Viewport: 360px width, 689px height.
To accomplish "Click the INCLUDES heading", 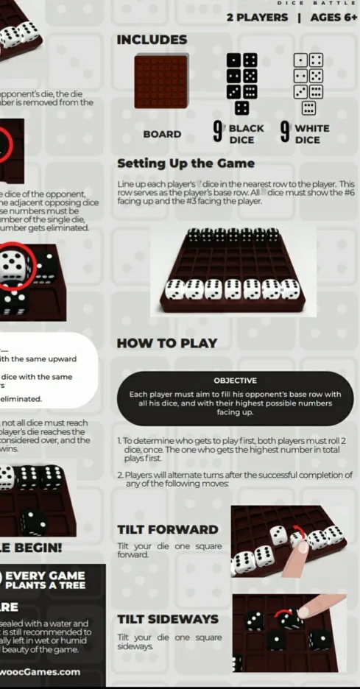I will [152, 40].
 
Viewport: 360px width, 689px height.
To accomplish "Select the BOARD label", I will [162, 135].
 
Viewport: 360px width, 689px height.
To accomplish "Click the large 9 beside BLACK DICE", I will [218, 132].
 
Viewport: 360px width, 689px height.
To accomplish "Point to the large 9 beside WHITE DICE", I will [284, 132].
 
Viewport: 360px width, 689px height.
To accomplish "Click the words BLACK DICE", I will [247, 134].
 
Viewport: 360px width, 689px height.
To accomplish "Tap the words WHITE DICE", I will [311, 134].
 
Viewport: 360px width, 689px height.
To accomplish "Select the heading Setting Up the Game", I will [186, 163].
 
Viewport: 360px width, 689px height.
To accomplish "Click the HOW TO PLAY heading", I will [167, 343].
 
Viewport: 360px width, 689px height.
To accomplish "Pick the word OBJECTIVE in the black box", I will [235, 381].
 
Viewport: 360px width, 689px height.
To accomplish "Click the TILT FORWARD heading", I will [168, 529].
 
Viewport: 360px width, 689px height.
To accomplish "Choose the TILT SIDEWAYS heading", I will [168, 619].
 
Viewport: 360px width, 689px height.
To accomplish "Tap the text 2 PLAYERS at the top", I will [257, 17].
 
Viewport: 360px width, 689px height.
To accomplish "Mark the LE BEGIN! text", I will [31, 548].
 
